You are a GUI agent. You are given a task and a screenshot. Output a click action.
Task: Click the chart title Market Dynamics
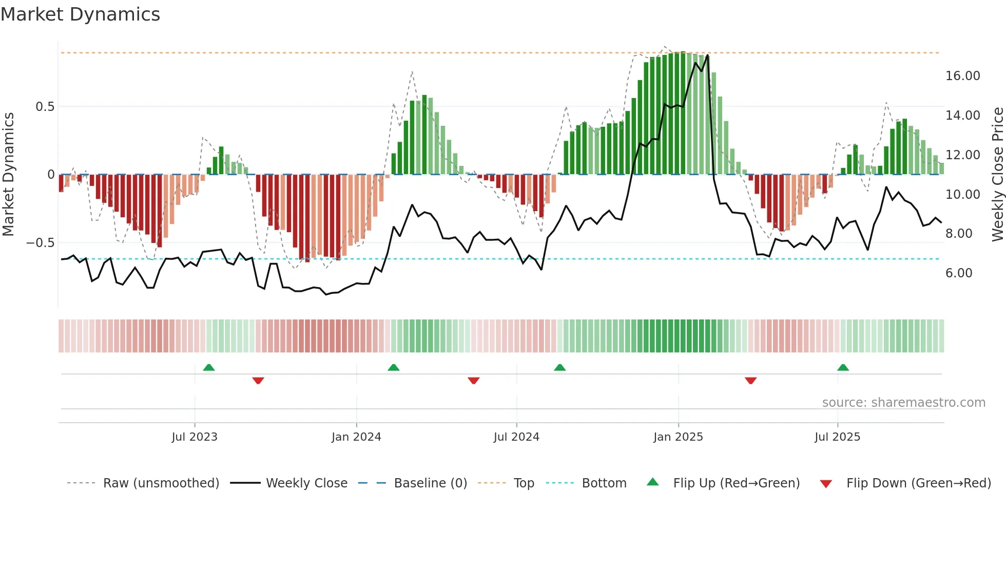(x=81, y=14)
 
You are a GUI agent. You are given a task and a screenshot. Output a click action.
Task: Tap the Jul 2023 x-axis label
(x=195, y=437)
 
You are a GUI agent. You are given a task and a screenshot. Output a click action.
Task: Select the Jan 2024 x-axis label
(x=356, y=437)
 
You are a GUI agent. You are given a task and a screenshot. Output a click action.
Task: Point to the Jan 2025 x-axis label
(x=678, y=437)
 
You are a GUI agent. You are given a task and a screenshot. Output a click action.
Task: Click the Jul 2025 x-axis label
(x=837, y=437)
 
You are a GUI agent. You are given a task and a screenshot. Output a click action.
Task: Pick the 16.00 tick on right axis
(x=962, y=76)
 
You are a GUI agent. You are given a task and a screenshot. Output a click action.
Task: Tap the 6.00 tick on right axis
(x=959, y=273)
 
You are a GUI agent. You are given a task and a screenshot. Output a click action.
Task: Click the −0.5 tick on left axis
(x=41, y=242)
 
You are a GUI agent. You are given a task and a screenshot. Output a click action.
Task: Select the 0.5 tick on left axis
(x=45, y=107)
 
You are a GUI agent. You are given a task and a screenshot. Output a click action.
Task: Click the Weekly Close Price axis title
(x=997, y=175)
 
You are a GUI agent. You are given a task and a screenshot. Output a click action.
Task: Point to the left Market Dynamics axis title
(x=8, y=175)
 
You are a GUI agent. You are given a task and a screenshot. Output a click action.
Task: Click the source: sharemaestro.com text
(x=903, y=403)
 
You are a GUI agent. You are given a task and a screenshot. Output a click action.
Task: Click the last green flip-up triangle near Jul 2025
(x=843, y=367)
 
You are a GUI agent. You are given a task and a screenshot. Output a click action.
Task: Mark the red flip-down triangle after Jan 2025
(x=750, y=381)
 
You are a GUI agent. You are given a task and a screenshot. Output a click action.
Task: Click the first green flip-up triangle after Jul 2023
(x=209, y=367)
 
